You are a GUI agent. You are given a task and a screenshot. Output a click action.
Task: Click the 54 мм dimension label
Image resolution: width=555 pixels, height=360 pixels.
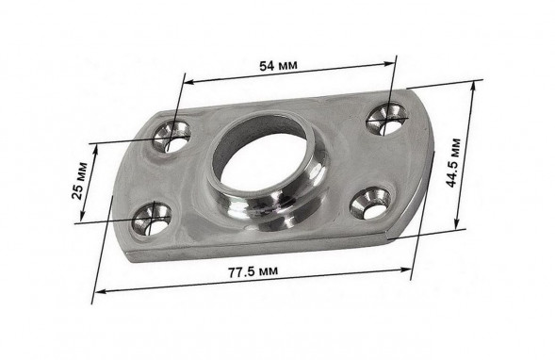click(x=279, y=65)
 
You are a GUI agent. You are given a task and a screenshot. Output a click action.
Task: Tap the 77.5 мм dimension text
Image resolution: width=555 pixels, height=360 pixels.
click(x=253, y=271)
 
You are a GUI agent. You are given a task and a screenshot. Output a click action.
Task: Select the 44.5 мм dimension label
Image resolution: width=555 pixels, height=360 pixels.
click(x=453, y=163)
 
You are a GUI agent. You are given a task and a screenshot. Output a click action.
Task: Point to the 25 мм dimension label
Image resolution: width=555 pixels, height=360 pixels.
click(x=79, y=181)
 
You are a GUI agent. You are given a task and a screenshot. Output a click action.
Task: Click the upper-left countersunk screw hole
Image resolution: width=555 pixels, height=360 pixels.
click(x=171, y=137)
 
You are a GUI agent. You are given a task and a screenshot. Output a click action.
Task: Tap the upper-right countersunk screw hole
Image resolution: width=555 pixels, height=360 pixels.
click(x=386, y=118)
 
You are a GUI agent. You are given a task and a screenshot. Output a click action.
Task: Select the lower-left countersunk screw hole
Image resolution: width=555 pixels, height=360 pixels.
click(x=151, y=220)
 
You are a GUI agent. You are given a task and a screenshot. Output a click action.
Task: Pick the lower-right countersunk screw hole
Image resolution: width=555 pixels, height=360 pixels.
click(x=370, y=204)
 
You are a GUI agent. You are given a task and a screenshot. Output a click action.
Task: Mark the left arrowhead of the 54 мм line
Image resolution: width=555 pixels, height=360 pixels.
click(x=189, y=82)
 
